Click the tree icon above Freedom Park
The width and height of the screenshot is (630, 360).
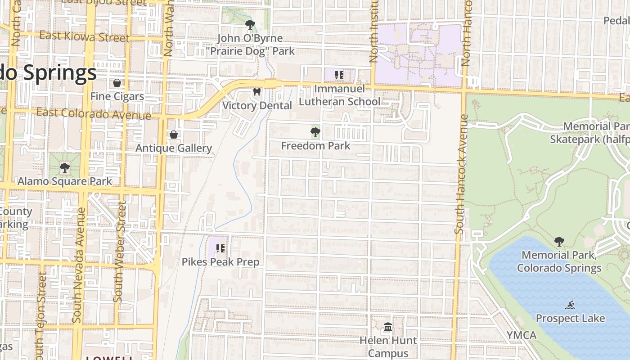pos(315,132)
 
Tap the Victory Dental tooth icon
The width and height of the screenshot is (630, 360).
pos(257,92)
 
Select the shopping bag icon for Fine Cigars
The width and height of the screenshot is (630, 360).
pos(117,83)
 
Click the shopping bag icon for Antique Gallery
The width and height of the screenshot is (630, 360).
pos(174,135)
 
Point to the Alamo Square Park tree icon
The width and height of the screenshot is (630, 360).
pos(65,168)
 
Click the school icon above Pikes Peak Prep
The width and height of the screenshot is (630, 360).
pos(220,248)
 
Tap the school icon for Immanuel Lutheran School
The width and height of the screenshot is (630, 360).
pos(339,75)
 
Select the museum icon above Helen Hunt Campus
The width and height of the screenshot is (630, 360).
pos(388,327)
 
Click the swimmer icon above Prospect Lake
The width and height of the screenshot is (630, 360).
pos(571,305)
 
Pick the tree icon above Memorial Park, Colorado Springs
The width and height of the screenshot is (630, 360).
pos(559,242)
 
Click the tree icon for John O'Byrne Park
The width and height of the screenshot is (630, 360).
pos(250,25)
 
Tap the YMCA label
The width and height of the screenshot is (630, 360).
pos(522,335)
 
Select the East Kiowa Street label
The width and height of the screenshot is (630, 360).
pos(84,36)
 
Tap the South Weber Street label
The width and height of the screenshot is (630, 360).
pos(119,251)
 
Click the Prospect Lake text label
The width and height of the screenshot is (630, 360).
pos(570,319)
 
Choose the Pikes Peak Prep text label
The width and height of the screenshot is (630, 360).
pos(220,262)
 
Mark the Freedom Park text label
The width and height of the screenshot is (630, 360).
pos(315,146)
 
